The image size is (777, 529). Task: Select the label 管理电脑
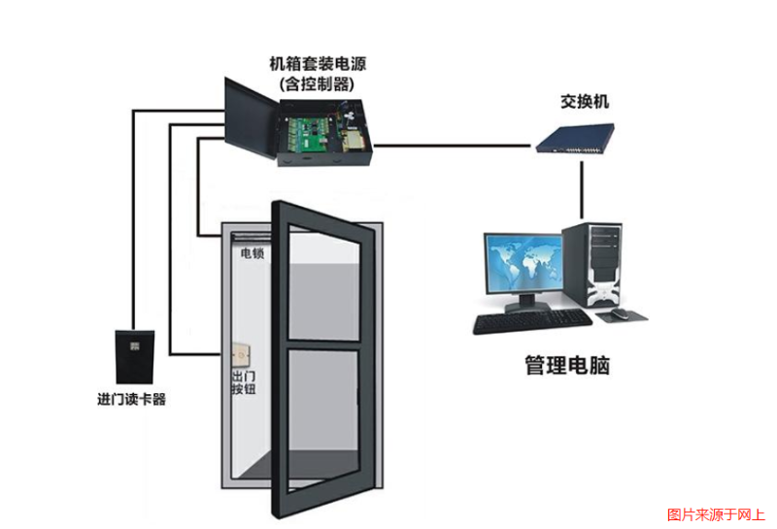tap(567, 366)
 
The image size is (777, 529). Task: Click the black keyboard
tap(530, 322)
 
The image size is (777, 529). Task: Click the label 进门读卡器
tap(132, 399)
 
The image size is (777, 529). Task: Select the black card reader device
tap(133, 356)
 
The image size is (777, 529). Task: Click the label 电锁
tap(253, 253)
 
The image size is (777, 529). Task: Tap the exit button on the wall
tap(242, 356)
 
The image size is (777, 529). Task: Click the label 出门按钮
tap(242, 382)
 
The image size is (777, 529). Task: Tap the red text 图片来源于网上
tap(717, 514)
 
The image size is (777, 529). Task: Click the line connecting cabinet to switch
tap(452, 146)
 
